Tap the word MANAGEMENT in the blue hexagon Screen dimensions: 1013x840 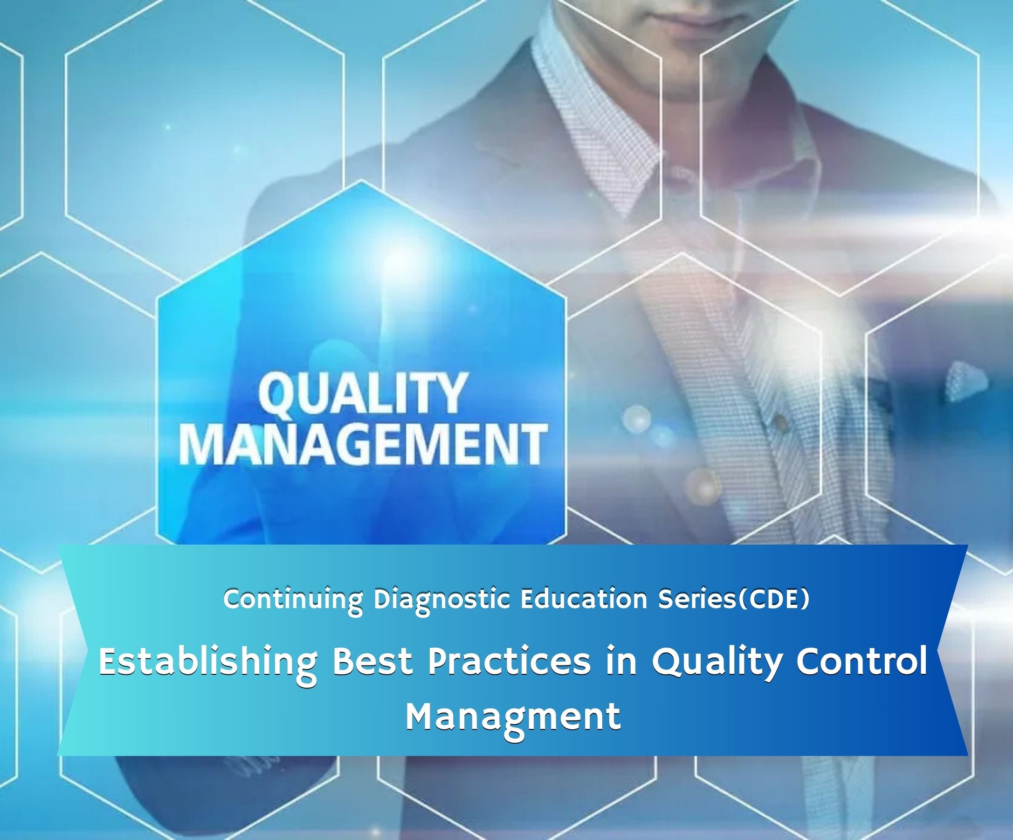[363, 445]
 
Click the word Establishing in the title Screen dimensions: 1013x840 [208, 663]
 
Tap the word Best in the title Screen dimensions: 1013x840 [372, 662]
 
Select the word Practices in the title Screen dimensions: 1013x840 [509, 662]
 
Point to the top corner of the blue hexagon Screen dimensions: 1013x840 [361, 181]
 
